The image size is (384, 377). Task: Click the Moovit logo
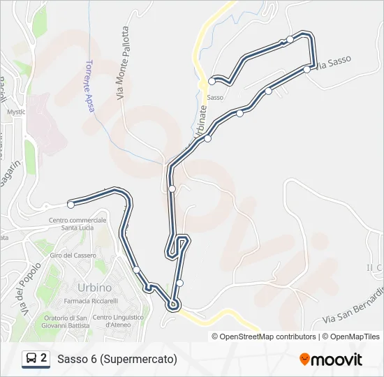pyautogui.click(x=331, y=360)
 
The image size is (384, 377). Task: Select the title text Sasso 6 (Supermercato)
pyautogui.click(x=117, y=360)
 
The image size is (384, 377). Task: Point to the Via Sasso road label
pyautogui.click(x=333, y=64)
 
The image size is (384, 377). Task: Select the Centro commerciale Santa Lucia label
pyautogui.click(x=77, y=224)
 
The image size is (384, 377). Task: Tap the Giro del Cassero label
pyautogui.click(x=71, y=256)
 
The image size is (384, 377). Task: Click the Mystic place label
pyautogui.click(x=16, y=112)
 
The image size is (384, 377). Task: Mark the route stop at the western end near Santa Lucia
pyautogui.click(x=71, y=205)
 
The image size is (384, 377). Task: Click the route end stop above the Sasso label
pyautogui.click(x=212, y=81)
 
